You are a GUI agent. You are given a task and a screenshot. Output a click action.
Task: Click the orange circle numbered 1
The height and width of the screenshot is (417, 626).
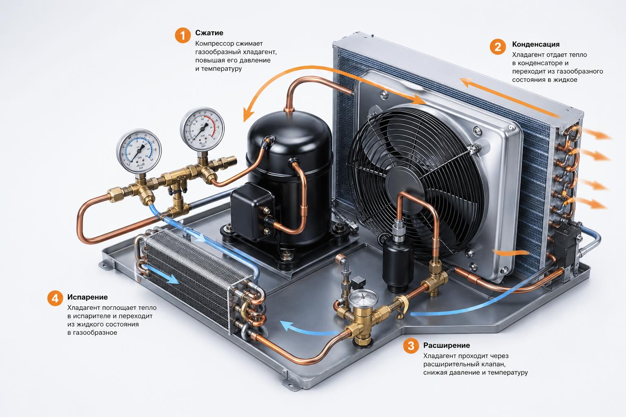[183, 35]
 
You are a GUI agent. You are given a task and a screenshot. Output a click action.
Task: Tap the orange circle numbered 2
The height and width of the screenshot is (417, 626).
[498, 47]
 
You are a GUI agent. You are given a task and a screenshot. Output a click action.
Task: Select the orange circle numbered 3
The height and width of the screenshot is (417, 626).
[411, 346]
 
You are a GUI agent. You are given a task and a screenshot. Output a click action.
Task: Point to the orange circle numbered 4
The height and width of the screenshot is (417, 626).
[55, 298]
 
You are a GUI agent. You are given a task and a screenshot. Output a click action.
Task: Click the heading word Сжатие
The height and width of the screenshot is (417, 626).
[209, 33]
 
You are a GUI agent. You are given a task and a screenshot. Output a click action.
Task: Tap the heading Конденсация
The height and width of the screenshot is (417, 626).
[536, 44]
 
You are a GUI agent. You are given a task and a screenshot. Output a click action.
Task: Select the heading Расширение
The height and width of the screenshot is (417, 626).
[446, 345]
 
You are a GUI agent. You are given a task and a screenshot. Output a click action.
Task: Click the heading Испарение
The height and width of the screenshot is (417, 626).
[87, 297]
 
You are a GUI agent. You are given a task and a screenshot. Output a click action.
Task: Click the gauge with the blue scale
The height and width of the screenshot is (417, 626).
[139, 151]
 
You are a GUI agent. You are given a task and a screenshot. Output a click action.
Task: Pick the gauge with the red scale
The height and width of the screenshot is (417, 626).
[202, 129]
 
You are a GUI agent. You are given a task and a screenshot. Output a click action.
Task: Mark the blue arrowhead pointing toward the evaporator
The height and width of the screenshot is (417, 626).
[288, 326]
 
